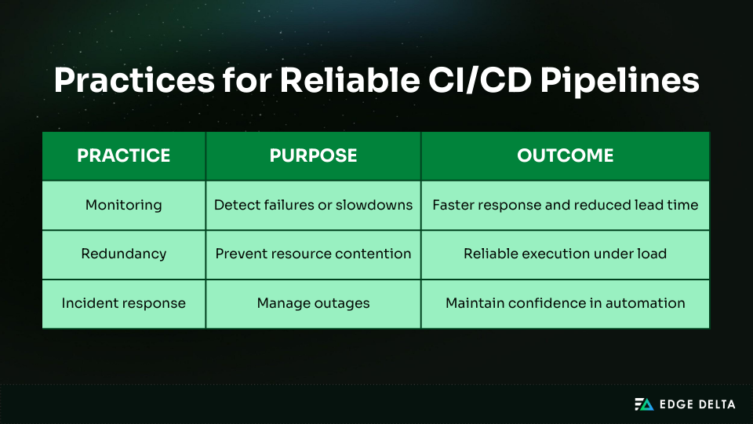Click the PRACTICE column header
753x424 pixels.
pos(123,155)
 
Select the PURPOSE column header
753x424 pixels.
pos(313,155)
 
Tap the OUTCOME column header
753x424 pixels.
pos(565,155)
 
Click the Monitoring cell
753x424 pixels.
pos(123,205)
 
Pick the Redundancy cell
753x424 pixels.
pos(123,254)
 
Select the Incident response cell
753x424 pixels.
pos(123,303)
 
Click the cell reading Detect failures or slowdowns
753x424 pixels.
pos(313,205)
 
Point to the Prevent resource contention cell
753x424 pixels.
pos(313,254)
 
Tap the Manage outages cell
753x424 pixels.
pos(313,303)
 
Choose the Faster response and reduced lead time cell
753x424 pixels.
pos(565,205)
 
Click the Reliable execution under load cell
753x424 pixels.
pos(565,254)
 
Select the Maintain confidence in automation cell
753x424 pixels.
pos(565,303)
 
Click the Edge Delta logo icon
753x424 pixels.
pos(643,404)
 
